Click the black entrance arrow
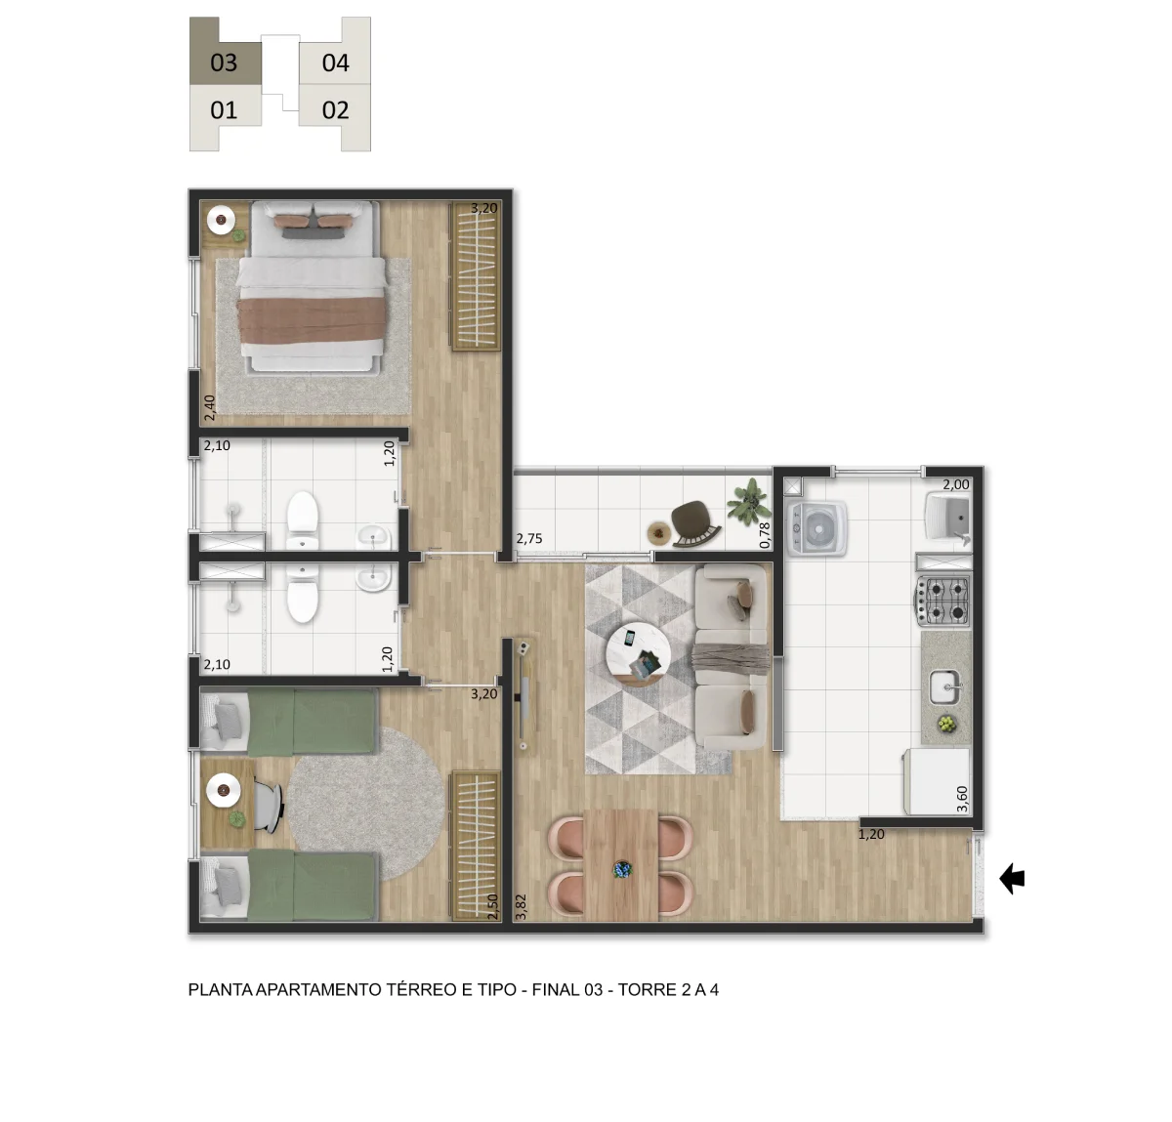[1012, 879]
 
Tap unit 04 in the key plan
[335, 62]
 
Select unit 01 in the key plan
[224, 110]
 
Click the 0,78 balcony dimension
[765, 535]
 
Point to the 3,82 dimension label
[522, 906]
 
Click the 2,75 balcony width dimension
[529, 538]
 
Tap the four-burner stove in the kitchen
[942, 600]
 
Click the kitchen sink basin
[945, 687]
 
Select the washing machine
[817, 528]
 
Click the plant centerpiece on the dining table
[622, 869]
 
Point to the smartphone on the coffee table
[629, 638]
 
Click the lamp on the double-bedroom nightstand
[222, 220]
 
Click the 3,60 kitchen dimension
[962, 799]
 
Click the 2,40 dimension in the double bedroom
[209, 408]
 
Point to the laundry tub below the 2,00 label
[947, 518]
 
